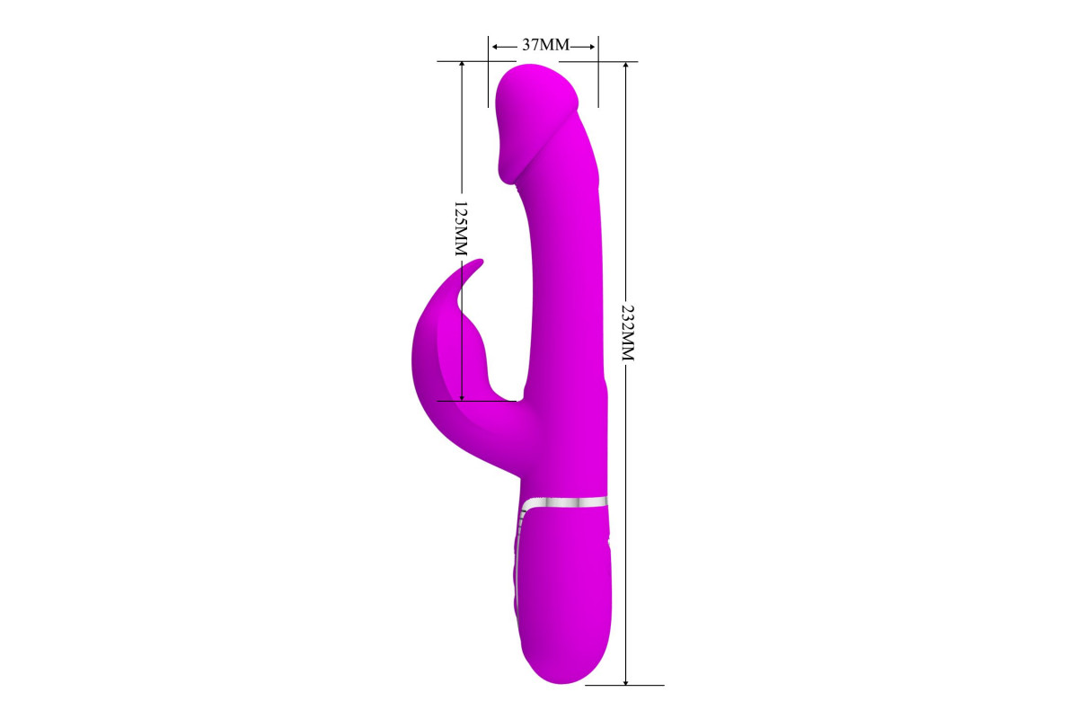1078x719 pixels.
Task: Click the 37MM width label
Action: (x=546, y=45)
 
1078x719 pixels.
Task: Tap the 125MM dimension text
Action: (x=461, y=229)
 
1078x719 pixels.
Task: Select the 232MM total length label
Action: (x=628, y=333)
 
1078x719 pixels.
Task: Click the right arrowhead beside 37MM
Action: (x=592, y=47)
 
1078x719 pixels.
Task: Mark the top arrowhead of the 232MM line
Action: (x=625, y=66)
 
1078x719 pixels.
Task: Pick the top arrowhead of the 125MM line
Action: (x=462, y=66)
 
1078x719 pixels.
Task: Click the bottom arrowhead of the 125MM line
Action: (x=462, y=396)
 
